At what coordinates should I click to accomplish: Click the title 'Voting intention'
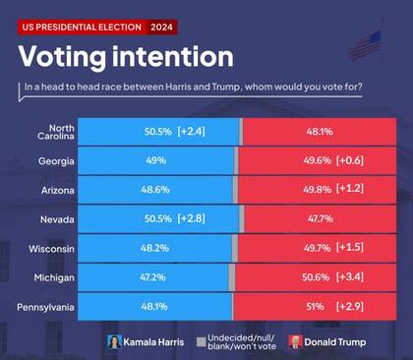127,55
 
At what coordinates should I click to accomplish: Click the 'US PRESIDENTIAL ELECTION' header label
82,27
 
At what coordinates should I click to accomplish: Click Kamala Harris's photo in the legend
114,342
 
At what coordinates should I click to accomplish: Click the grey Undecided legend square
201,342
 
